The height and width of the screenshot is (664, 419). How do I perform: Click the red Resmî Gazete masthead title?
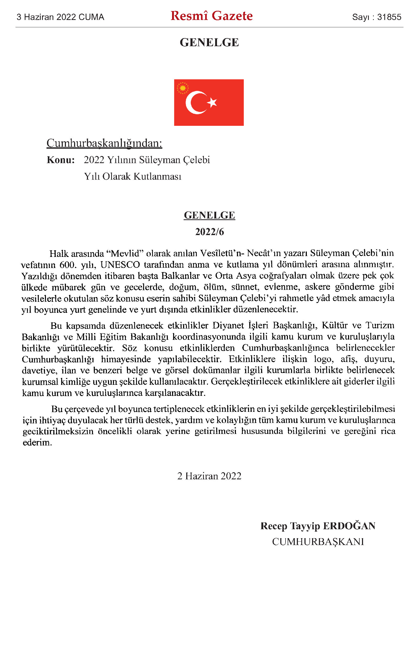[211, 16]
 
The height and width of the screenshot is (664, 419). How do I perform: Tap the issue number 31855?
[389, 17]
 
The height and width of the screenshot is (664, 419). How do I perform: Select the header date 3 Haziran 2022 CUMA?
[60, 17]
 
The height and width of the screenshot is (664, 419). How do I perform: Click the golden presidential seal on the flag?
[182, 88]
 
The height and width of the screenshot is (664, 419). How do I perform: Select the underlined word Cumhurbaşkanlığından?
[104, 143]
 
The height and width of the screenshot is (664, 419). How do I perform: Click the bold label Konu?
[61, 160]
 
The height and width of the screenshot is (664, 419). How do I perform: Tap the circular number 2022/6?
[209, 232]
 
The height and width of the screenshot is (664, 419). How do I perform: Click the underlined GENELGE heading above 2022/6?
[209, 215]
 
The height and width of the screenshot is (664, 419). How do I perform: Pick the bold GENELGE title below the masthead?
[209, 43]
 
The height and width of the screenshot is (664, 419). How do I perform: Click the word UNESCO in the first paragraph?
[120, 265]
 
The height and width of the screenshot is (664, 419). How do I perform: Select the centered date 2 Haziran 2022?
[209, 476]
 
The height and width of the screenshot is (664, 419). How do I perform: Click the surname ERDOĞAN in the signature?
[349, 526]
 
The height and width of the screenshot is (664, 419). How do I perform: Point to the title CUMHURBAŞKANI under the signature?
[318, 542]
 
